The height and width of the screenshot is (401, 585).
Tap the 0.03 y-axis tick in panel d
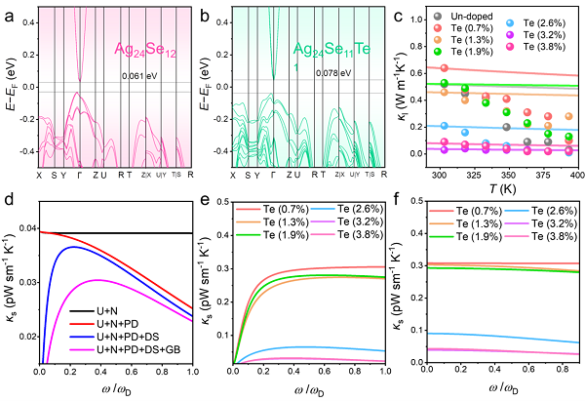tap(24, 282)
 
